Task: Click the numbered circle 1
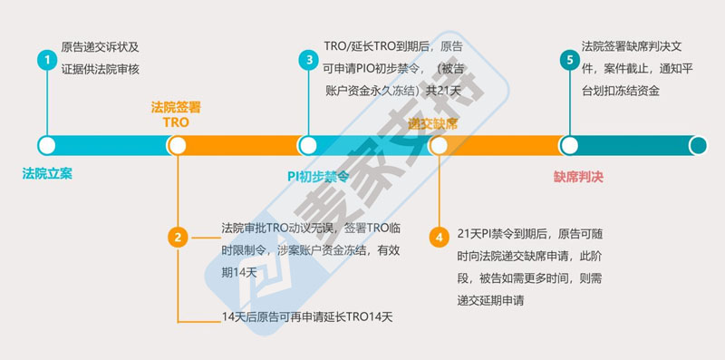tap(45, 60)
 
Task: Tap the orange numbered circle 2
tap(178, 238)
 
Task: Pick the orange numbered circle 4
tap(439, 238)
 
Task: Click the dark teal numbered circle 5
tap(568, 60)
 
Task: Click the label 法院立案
tap(47, 173)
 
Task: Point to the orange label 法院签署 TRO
tap(176, 113)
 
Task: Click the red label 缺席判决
tap(578, 178)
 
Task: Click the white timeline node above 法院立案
tap(46, 145)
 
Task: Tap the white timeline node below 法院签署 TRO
tap(178, 145)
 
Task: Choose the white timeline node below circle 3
tap(307, 145)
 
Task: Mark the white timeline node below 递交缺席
tap(439, 145)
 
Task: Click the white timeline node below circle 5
tap(568, 145)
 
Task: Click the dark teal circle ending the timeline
tap(698, 145)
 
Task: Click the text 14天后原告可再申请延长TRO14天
tap(307, 317)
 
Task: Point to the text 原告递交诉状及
tap(100, 46)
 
